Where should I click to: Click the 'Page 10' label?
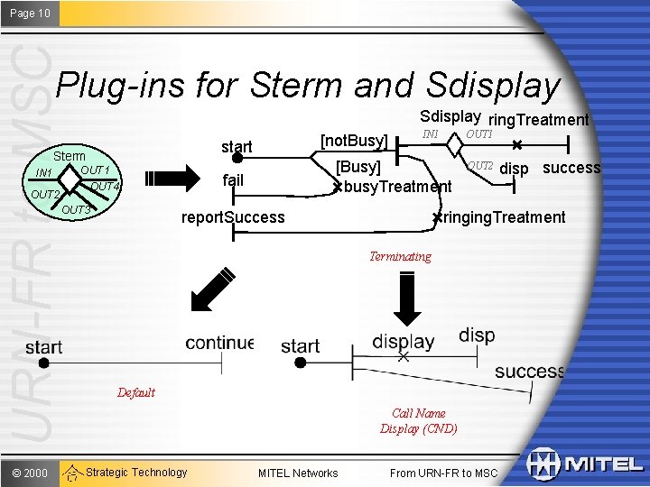click(x=30, y=13)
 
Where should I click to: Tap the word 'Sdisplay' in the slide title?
click(x=493, y=85)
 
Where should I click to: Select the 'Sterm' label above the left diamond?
click(x=70, y=156)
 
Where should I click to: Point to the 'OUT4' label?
click(x=106, y=186)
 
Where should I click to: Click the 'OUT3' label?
click(x=78, y=210)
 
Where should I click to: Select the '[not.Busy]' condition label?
click(x=355, y=141)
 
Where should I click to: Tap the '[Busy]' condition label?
click(x=358, y=167)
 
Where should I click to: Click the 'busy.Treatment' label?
click(x=397, y=187)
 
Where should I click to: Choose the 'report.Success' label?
click(x=233, y=216)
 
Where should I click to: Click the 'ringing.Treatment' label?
click(x=504, y=216)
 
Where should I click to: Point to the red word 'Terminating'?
click(x=400, y=256)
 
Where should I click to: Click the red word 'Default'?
click(x=136, y=392)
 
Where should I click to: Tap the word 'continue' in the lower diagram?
click(x=219, y=343)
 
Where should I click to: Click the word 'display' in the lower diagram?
click(x=404, y=341)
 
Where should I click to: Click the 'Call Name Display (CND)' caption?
click(x=419, y=421)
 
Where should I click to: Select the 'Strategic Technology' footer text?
click(x=136, y=472)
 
